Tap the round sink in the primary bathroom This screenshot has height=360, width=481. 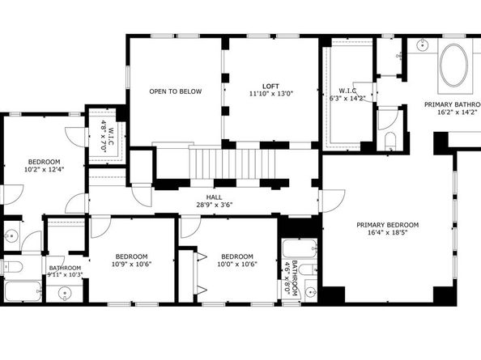[423, 45]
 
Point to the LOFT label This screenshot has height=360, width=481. [271, 86]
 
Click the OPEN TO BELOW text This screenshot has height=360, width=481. [175, 91]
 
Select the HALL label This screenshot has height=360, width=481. [214, 196]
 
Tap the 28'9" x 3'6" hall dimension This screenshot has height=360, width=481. [214, 205]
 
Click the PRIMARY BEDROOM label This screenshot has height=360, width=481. [388, 224]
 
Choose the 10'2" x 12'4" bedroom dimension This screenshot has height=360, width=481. [44, 169]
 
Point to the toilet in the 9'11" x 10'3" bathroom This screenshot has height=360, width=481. [11, 266]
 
